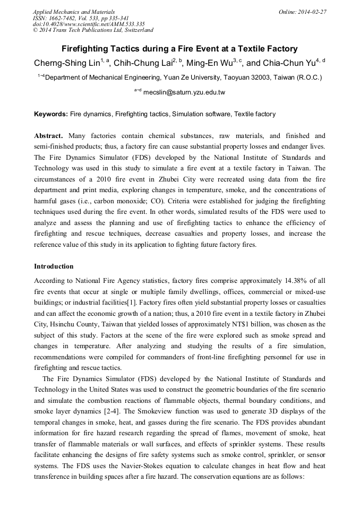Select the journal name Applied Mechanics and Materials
coord(74,11)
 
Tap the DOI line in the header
coord(89,24)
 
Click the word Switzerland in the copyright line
coord(136,30)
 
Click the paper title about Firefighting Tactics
coord(179,49)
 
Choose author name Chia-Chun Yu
coord(288,63)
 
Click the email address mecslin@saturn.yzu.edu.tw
coord(184,92)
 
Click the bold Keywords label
coord(51,114)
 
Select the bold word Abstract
coord(48,136)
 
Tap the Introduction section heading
coord(54,266)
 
